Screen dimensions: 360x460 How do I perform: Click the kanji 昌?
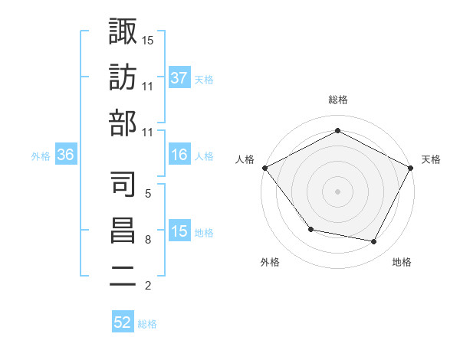pos(123,231)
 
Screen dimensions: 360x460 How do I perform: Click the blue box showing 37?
pos(179,77)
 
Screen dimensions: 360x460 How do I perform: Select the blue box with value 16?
pos(179,155)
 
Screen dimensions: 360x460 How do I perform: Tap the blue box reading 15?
pos(179,231)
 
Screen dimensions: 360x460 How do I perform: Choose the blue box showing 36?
pos(66,155)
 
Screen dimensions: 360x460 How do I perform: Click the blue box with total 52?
pos(123,322)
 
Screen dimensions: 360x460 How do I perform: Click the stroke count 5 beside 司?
pos(147,193)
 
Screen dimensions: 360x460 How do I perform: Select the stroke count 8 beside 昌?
pos(147,240)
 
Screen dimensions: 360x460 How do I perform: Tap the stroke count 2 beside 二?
pos(147,286)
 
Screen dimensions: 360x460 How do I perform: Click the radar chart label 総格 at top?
pos(338,100)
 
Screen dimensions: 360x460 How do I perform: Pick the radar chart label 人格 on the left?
pos(245,159)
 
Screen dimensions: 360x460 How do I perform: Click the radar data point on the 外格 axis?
pos(310,229)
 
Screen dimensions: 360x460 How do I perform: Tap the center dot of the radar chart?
pos(338,191)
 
